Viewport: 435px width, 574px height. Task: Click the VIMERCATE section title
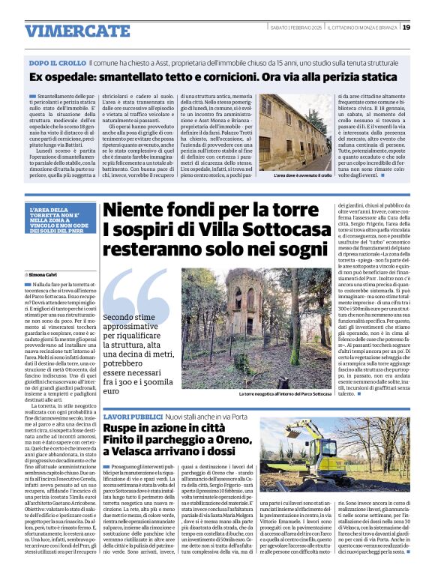point(66,31)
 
